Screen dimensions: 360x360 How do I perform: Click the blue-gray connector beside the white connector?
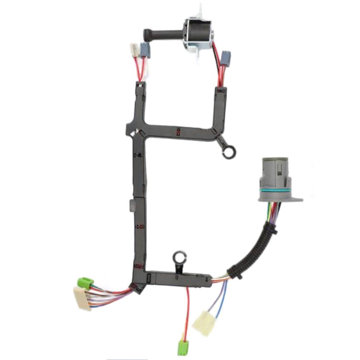[x=145, y=50]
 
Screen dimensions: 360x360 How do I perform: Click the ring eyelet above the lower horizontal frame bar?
[x=179, y=258]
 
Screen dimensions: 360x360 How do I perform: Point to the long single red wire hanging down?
[x=187, y=309]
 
